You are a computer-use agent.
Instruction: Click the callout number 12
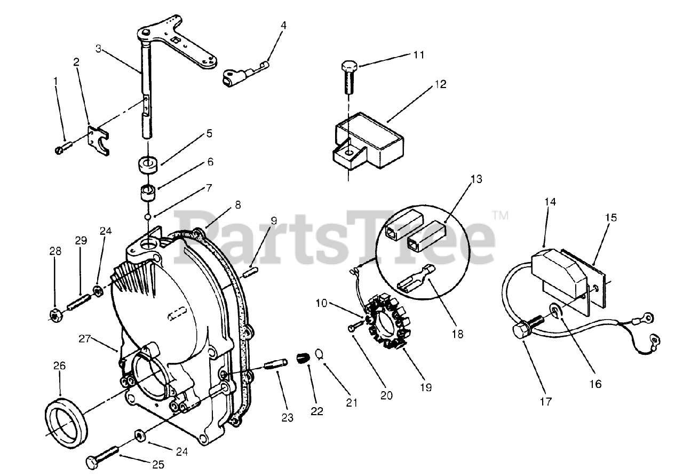(440, 84)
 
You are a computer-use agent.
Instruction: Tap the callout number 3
(99, 49)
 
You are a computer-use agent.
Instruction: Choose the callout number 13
(476, 179)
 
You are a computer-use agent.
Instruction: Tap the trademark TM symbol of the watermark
(500, 216)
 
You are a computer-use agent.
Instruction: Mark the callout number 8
(237, 204)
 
